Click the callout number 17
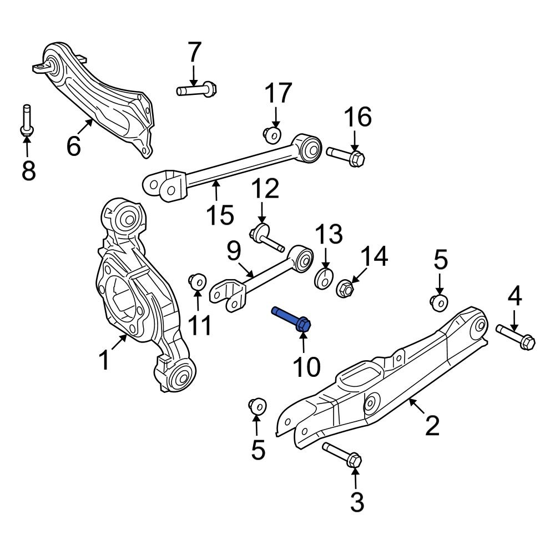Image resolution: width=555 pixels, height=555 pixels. (277, 94)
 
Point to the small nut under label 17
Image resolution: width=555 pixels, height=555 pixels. (272, 134)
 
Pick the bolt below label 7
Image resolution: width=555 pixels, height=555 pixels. (197, 89)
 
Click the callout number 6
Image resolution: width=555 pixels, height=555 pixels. (74, 146)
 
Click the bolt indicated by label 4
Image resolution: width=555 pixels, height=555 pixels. (516, 336)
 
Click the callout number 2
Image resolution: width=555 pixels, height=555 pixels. (432, 426)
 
